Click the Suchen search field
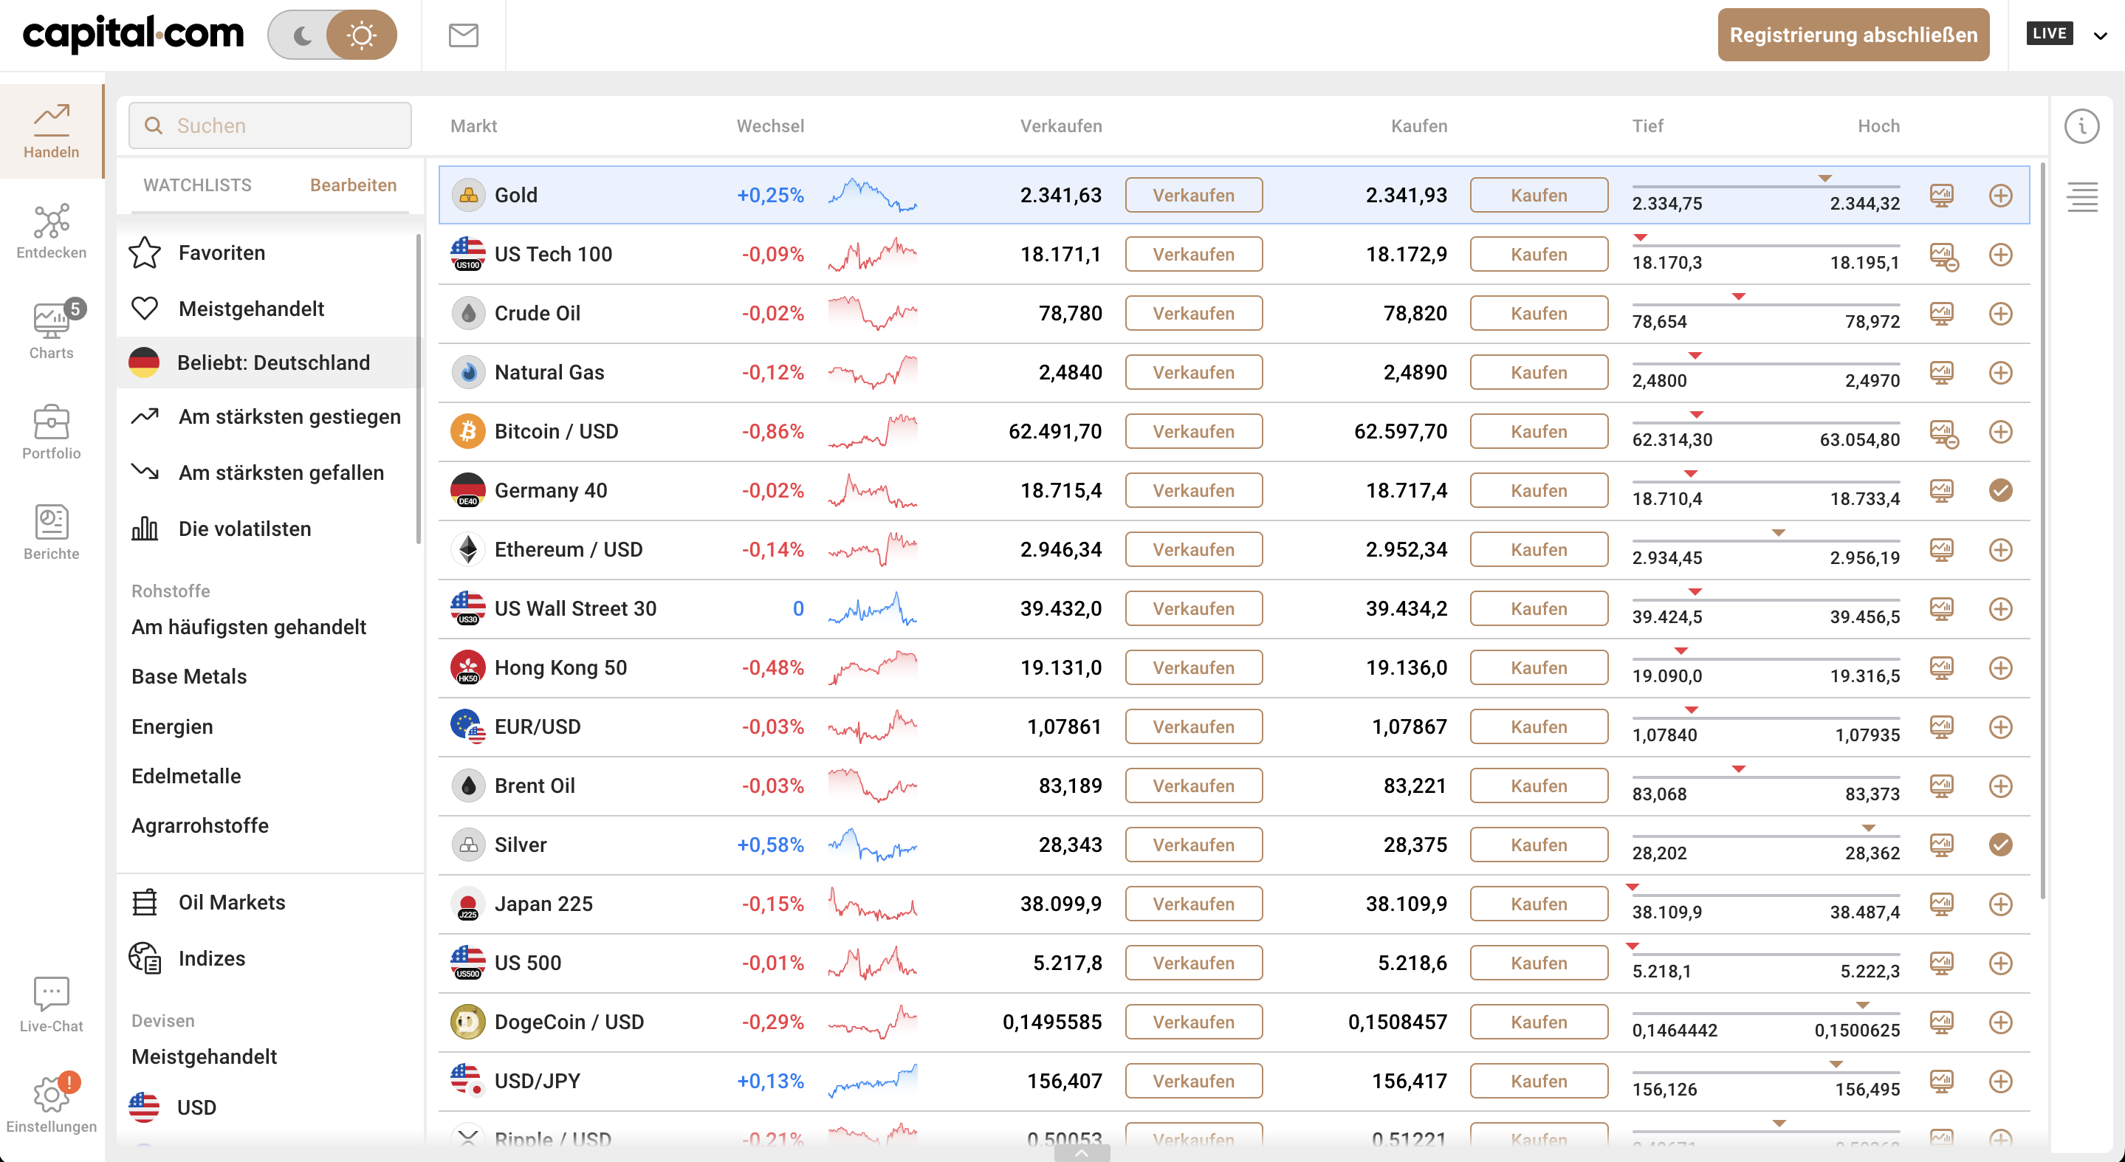coord(270,126)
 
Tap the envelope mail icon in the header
coord(464,35)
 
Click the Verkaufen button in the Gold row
coord(1194,196)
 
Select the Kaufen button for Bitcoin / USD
coord(1539,431)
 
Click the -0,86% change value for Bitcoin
coord(772,431)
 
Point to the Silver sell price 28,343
coord(1070,845)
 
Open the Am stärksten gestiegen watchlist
coord(289,416)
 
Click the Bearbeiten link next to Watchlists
coord(353,185)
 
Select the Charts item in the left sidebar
coord(51,329)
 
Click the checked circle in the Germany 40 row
coord(2000,491)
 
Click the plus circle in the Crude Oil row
coord(2000,313)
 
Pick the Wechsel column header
coord(769,126)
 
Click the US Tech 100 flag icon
coord(467,254)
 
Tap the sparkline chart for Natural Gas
coord(872,372)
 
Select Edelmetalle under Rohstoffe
coord(186,776)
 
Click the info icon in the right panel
coord(2082,126)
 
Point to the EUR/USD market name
coord(538,726)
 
